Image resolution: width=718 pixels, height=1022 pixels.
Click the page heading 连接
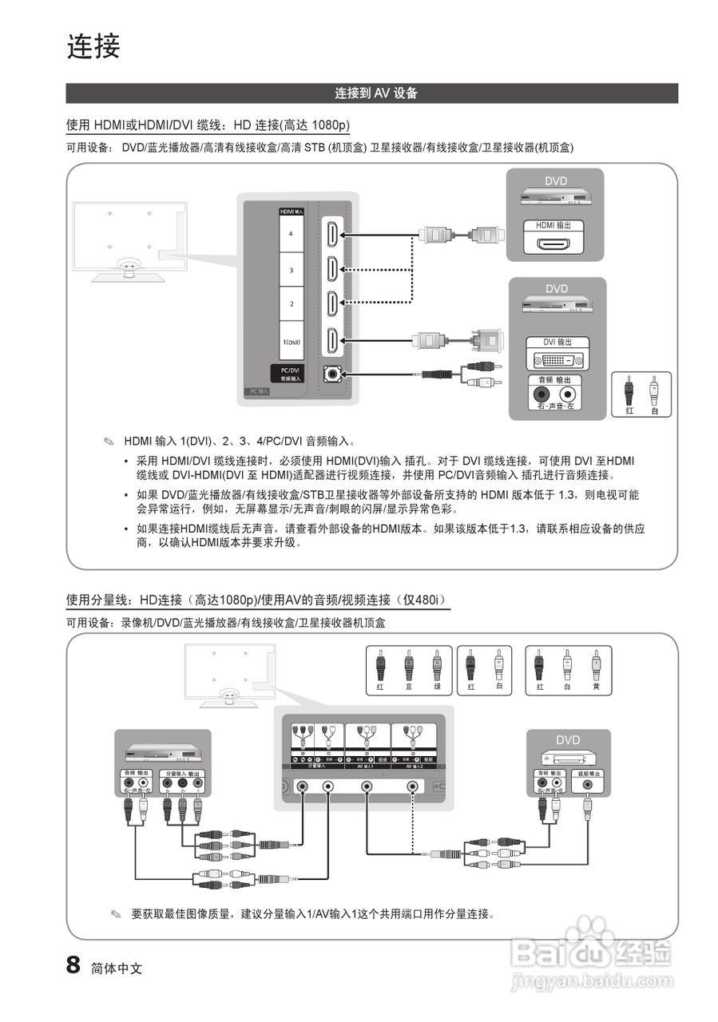coord(93,47)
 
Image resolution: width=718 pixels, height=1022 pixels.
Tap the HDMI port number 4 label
coord(292,235)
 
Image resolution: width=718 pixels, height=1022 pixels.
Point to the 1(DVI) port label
coord(292,341)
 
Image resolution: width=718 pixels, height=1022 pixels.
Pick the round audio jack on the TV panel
coord(331,374)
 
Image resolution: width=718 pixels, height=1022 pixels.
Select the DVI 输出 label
coord(557,342)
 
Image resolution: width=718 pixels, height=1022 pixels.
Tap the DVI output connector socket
coord(557,359)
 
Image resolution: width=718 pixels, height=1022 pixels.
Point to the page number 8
coord(73,965)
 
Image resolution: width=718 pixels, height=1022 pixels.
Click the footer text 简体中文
coord(117,968)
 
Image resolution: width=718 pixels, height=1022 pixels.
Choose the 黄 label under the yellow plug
coord(596,687)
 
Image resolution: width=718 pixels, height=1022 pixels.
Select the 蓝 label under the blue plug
coord(408,687)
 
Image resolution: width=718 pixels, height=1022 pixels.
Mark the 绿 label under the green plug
coord(436,687)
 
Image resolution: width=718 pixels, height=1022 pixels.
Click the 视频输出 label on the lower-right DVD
coord(589,774)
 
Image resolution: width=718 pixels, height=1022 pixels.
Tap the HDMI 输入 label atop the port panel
coord(291,212)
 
